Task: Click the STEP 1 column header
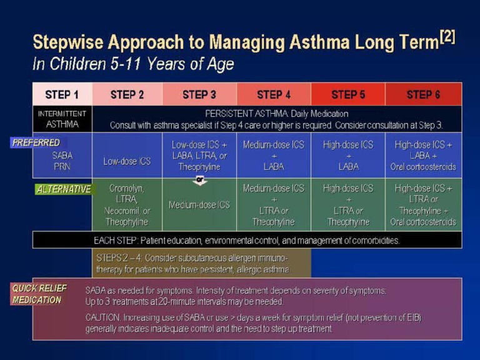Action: [62, 94]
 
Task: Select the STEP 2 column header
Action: [127, 94]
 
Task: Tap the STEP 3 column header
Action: [199, 94]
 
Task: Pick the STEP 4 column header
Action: [274, 94]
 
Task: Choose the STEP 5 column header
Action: [348, 94]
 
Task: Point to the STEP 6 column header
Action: [423, 94]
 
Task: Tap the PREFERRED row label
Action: [36, 142]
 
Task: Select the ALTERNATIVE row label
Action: [63, 189]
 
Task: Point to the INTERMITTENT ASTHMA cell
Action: [62, 119]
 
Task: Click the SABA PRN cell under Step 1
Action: [62, 161]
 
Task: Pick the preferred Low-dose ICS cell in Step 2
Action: [127, 161]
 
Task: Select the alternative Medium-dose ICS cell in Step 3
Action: [199, 205]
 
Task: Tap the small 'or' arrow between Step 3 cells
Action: [200, 181]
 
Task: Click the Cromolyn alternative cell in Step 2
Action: [127, 205]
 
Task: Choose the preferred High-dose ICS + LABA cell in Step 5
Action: [348, 155]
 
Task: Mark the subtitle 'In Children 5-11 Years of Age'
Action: [133, 64]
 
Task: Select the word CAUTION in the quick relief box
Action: [103, 318]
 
